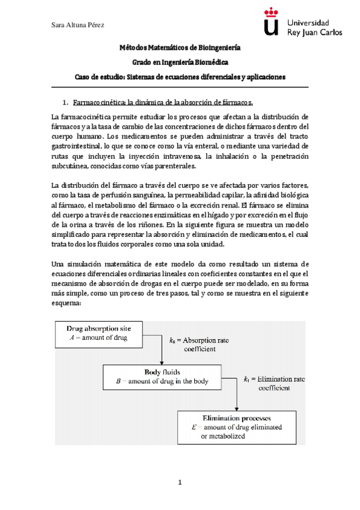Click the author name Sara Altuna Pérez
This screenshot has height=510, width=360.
coord(75,24)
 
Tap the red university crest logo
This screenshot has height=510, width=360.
coord(272,22)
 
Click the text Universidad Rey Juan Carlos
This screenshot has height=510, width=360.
coord(315,26)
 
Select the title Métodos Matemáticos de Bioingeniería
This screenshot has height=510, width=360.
coord(180,47)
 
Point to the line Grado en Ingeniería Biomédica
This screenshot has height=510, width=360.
coord(180,62)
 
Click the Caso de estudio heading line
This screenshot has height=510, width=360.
coord(180,77)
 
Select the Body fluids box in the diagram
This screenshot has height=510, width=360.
coord(163,376)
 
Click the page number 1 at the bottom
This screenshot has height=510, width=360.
coord(179,482)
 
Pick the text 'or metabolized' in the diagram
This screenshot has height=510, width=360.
coord(223,436)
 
